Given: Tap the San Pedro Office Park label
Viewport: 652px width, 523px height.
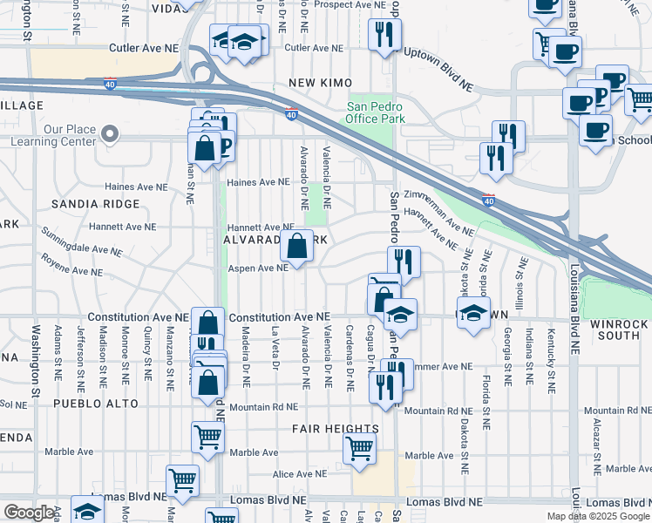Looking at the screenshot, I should (x=377, y=112).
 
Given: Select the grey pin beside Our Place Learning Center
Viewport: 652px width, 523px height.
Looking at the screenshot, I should (x=109, y=134).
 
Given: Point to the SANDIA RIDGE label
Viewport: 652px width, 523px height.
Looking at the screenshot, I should (x=96, y=204).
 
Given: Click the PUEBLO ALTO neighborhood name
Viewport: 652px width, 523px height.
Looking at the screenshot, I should (x=96, y=404).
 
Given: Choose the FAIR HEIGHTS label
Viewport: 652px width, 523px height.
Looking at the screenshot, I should (x=336, y=429).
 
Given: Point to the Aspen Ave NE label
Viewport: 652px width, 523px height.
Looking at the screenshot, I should (x=258, y=268).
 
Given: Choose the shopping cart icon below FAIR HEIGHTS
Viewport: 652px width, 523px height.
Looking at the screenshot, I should (x=360, y=448).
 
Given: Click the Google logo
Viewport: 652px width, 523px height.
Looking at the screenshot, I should (x=29, y=513).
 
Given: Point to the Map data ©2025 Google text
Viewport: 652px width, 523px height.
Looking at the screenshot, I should (x=598, y=516).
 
